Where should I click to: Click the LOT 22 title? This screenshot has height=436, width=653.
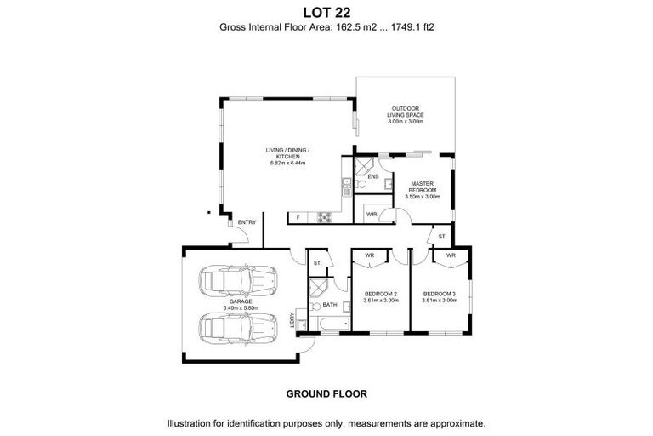click(326, 11)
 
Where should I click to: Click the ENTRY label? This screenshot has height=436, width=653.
click(247, 222)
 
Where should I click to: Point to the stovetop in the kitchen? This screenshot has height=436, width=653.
click(324, 217)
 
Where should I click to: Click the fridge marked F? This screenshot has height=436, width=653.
click(298, 218)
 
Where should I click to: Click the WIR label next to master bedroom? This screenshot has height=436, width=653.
click(372, 214)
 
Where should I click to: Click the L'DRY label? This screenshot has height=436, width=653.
click(292, 319)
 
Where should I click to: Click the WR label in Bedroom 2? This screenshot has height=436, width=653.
click(370, 255)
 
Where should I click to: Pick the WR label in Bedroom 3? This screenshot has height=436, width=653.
click(451, 255)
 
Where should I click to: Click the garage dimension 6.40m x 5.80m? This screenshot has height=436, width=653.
click(240, 307)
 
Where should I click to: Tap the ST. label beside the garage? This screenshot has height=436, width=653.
click(317, 263)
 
